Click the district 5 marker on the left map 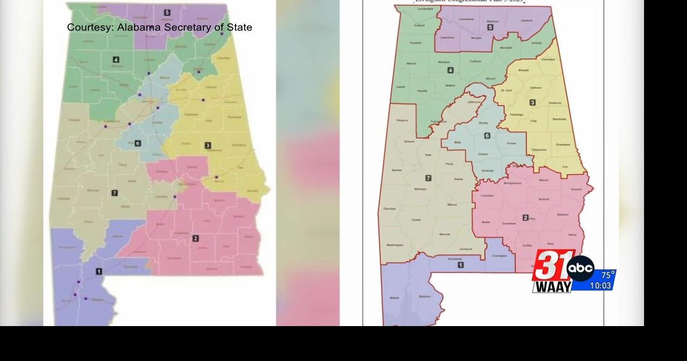click(x=167, y=12)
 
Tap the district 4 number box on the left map click(x=116, y=60)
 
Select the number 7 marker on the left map click(x=114, y=193)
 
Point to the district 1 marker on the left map click(x=99, y=271)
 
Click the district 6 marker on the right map click(x=487, y=136)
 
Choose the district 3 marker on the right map click(x=532, y=103)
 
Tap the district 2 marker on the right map click(x=525, y=218)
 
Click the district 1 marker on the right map click(x=461, y=265)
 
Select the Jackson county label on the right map click(x=527, y=20)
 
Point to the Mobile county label click(x=394, y=298)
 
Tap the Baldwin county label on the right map click(x=424, y=297)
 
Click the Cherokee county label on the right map click(x=548, y=59)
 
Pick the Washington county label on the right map click(x=394, y=245)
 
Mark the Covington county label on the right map click(x=499, y=256)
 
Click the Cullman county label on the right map click(x=475, y=61)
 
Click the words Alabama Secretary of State click(x=185, y=27)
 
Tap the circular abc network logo click(x=581, y=269)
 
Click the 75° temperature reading click(x=607, y=275)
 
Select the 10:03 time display click(x=600, y=286)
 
